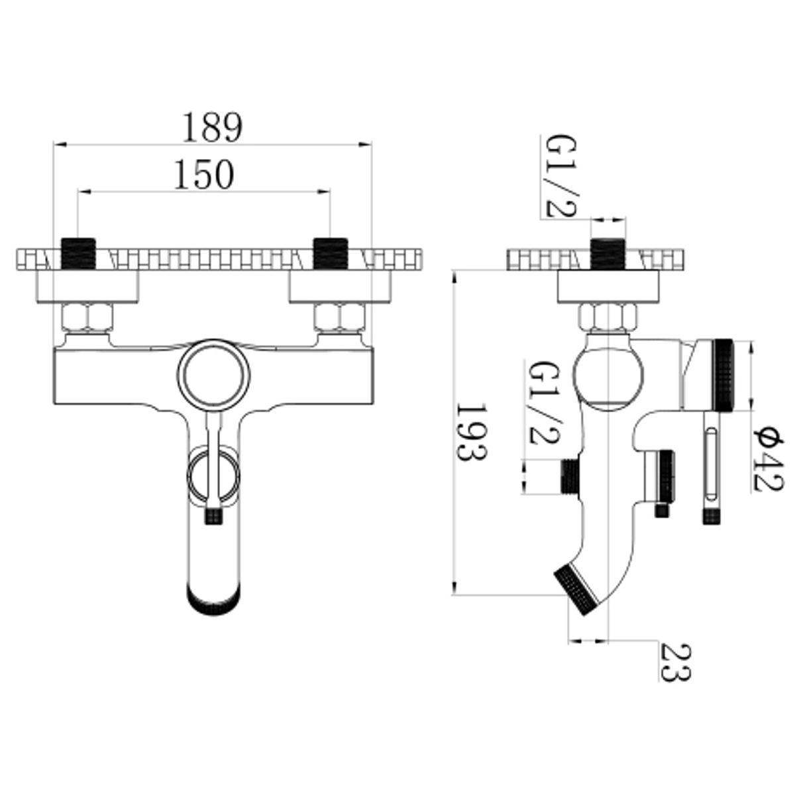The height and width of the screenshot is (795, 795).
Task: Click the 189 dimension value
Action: (x=213, y=127)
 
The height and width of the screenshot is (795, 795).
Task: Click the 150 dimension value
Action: (x=204, y=174)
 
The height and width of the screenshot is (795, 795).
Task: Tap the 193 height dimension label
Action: (x=471, y=433)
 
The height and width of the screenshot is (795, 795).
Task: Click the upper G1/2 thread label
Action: (x=560, y=176)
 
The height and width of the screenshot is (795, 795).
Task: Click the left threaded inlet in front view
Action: (x=78, y=254)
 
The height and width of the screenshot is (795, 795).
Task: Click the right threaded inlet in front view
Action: (x=330, y=254)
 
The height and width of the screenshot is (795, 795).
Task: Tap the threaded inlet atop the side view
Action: (x=608, y=254)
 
